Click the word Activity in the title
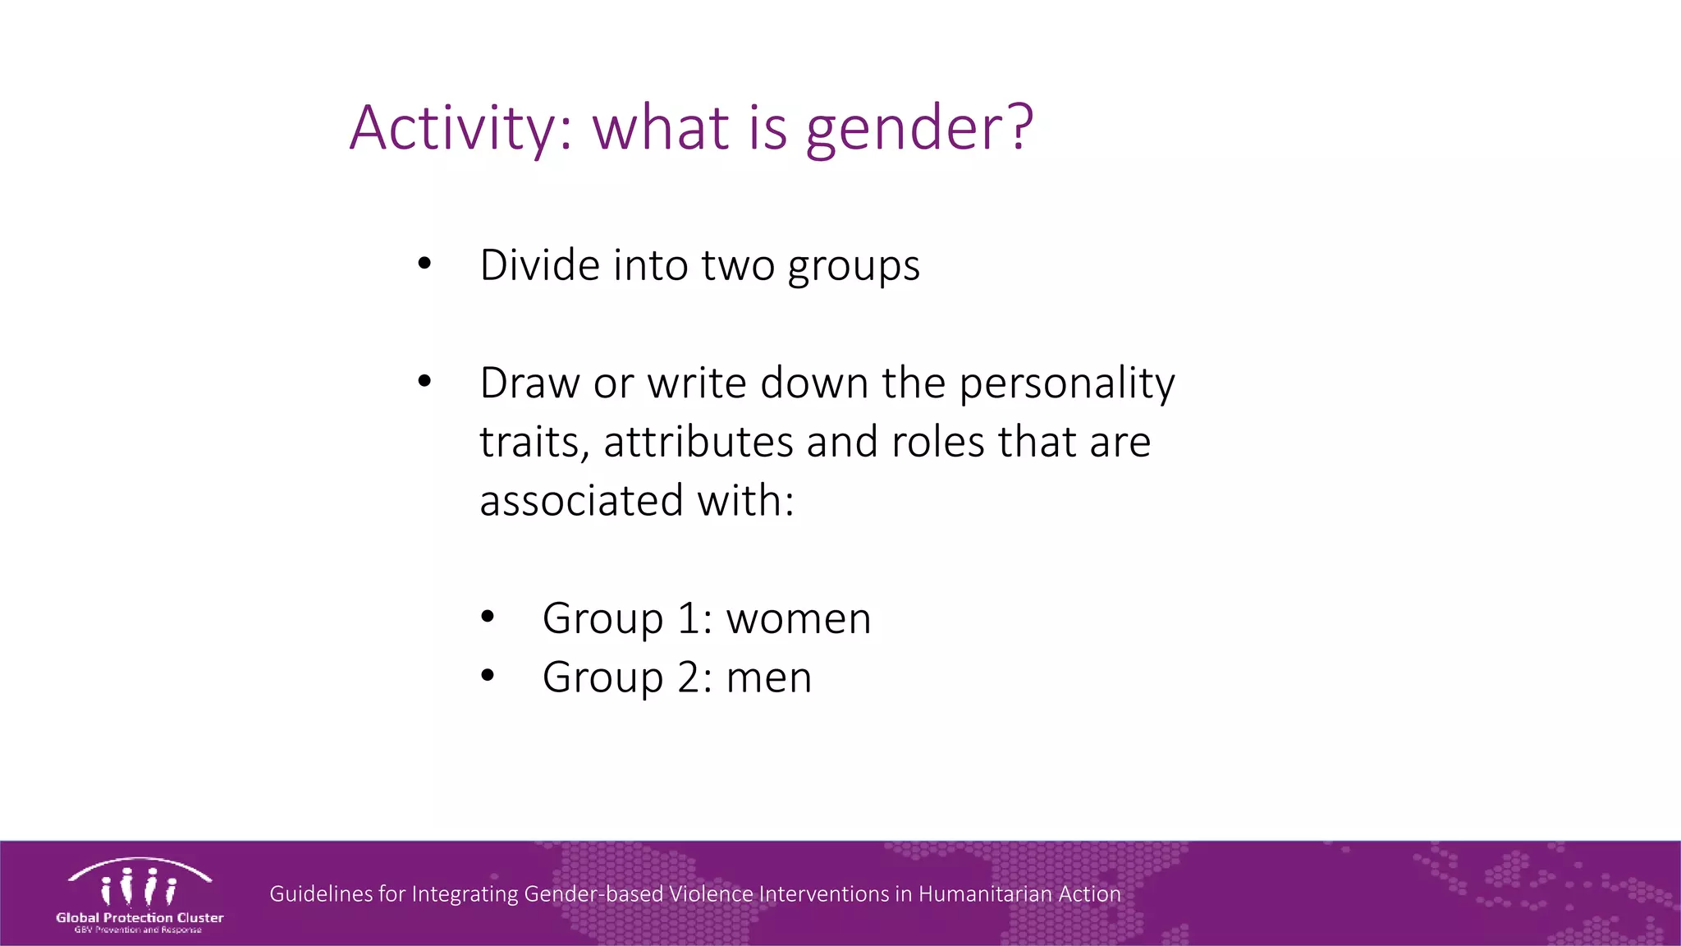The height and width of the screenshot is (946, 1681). point(451,128)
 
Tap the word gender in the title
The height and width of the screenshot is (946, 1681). point(902,130)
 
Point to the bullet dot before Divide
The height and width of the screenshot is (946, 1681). point(424,264)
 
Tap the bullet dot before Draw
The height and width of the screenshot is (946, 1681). point(424,381)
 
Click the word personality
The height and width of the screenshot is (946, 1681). point(1066,384)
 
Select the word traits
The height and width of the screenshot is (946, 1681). point(534,443)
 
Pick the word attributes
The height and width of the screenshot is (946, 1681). point(698,443)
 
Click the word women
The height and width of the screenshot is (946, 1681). point(798,618)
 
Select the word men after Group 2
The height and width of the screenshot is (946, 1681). point(768,677)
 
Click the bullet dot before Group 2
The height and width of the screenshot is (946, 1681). point(488,675)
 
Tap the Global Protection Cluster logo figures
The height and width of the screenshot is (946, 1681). point(138,885)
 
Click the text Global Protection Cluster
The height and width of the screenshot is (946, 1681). point(140,917)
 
